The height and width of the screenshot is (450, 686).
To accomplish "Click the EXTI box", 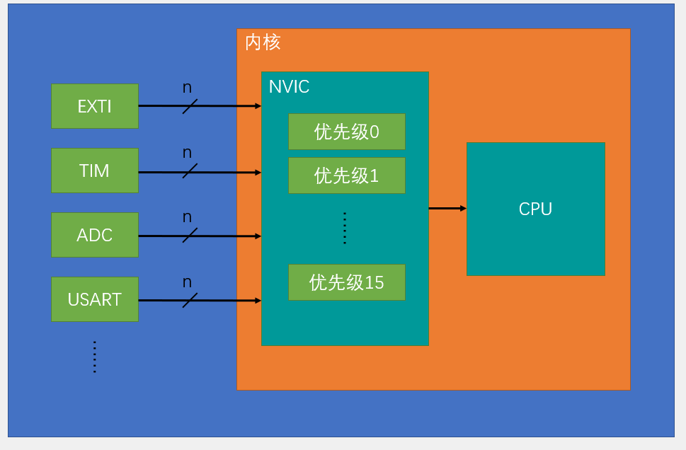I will pos(94,106).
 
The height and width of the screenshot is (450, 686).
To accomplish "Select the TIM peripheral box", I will pos(94,171).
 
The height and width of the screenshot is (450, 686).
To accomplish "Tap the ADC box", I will pos(94,235).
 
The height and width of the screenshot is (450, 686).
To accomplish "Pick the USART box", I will pos(94,299).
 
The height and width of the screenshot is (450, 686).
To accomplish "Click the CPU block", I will pos(535,209).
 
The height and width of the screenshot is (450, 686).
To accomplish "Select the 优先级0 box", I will pos(346,132).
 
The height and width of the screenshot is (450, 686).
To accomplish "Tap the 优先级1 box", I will pos(346,175).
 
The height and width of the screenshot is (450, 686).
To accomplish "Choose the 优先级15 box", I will pos(346,282).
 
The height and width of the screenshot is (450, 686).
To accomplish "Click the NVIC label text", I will pos(289,87).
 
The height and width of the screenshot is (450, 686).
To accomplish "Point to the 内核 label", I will pos(263,42).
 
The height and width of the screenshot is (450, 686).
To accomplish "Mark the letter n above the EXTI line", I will pos(187,88).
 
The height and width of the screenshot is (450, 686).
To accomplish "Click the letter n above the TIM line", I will pos(187,153).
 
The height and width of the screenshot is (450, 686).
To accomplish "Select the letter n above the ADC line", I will pos(187,217).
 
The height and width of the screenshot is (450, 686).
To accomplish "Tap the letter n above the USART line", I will pos(187,282).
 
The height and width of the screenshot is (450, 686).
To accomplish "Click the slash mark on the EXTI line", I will pos(190,106).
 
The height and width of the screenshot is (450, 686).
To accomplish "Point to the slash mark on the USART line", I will pos(190,300).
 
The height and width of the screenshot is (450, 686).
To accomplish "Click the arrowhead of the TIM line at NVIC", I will pos(258,172).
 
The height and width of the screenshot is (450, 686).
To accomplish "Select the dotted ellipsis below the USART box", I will pos(94,357).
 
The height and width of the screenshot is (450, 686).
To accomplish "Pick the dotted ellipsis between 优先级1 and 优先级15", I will pos(345,228).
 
